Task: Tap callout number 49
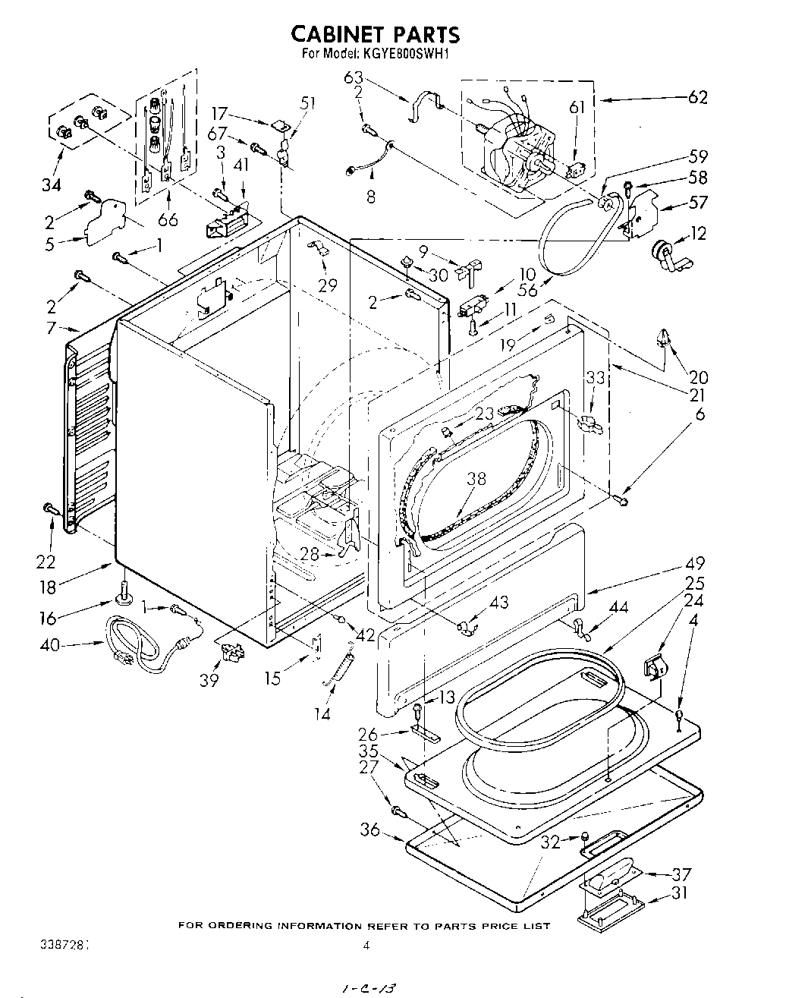(x=695, y=563)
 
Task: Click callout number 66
(x=168, y=219)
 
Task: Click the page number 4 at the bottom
(x=366, y=945)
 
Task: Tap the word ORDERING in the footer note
(x=242, y=925)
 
